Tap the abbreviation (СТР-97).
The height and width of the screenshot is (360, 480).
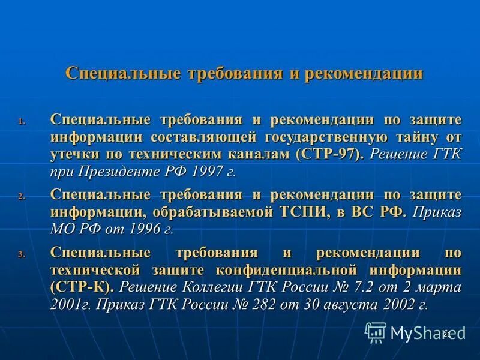329,154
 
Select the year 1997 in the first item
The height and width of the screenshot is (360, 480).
208,172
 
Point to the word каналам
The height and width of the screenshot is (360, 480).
262,154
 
